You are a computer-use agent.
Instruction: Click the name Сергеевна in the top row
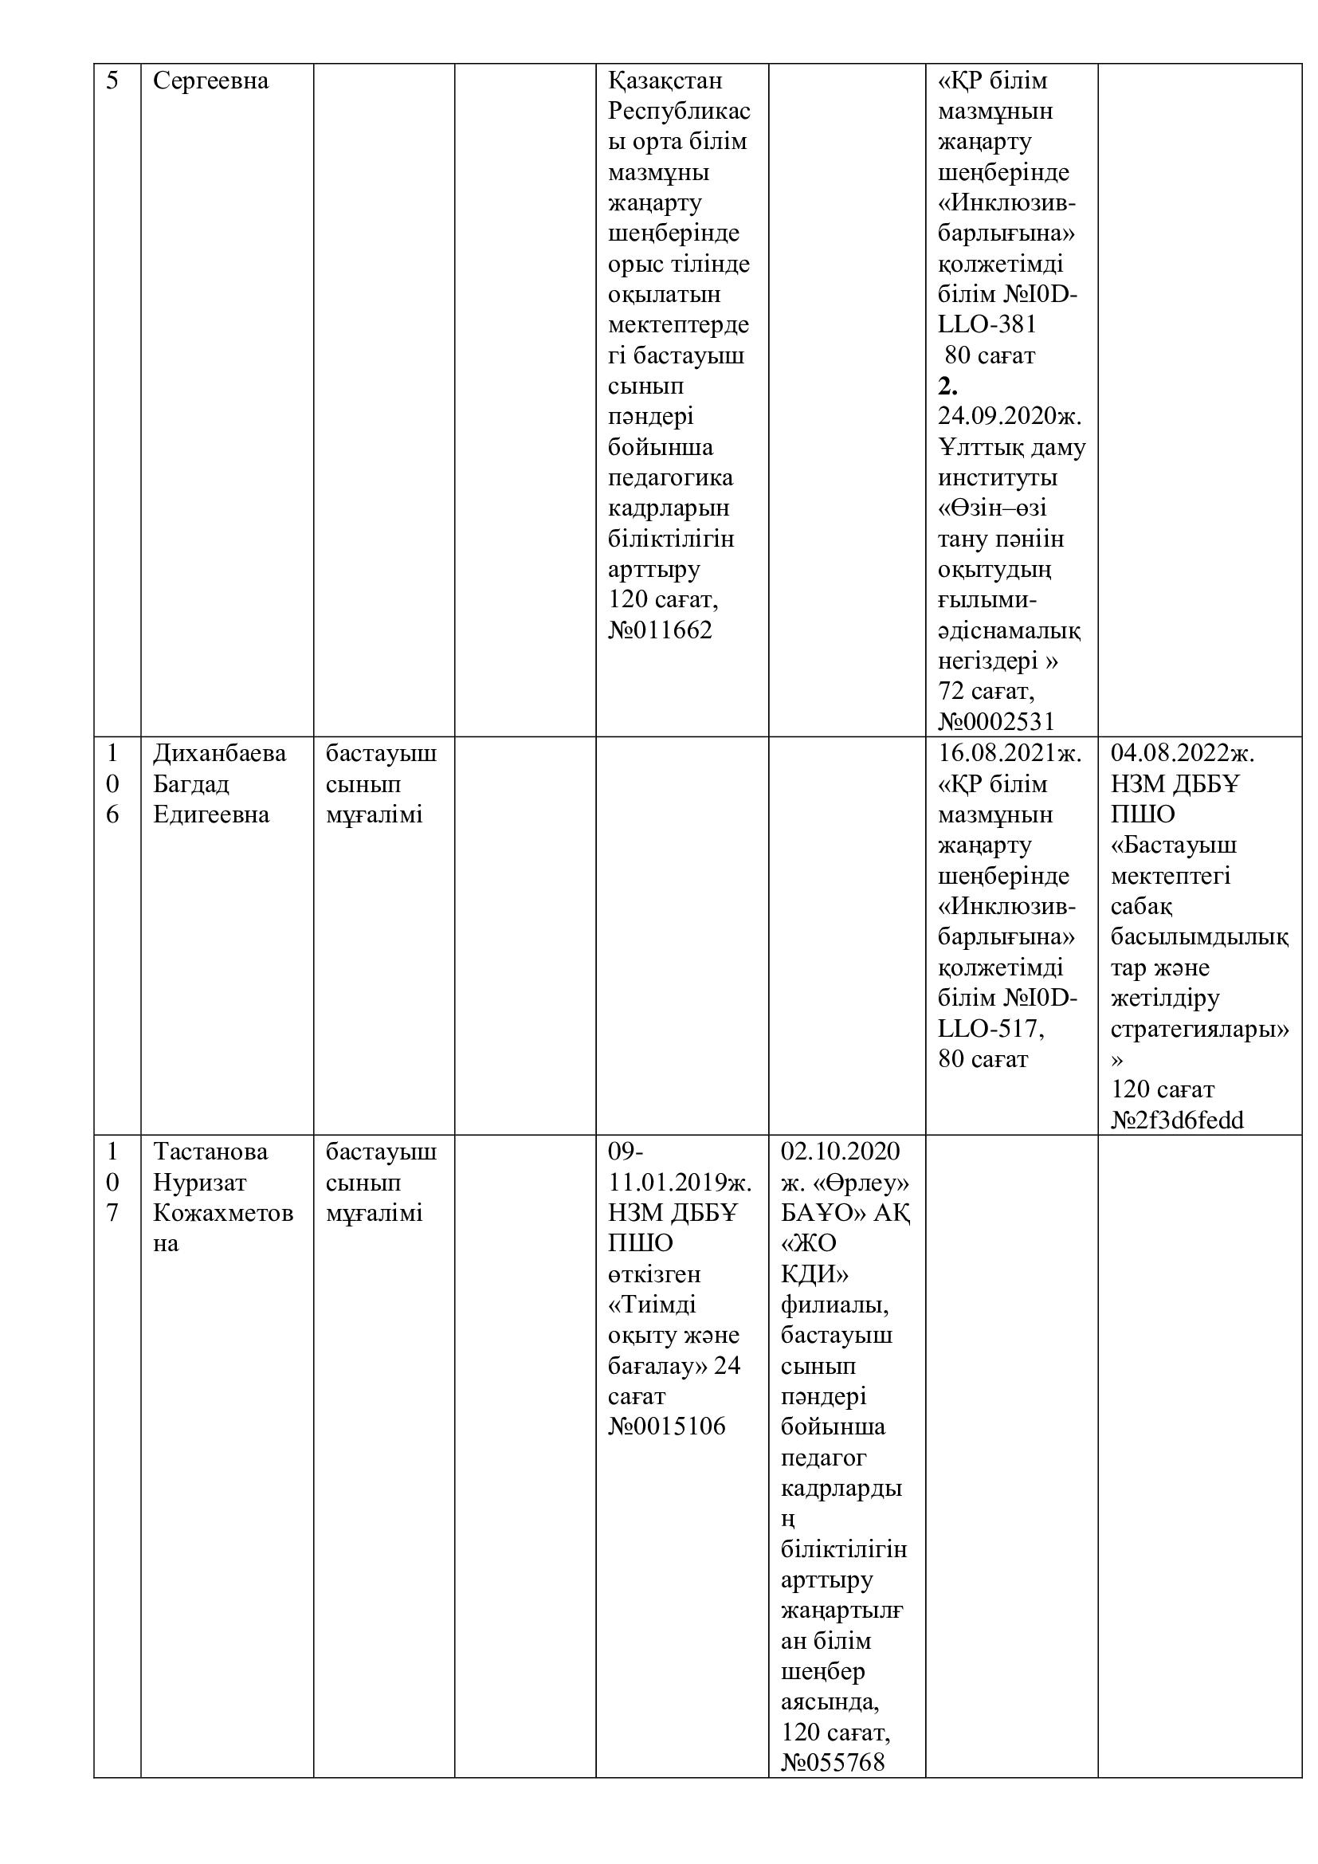click(x=210, y=81)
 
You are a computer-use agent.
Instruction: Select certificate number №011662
click(x=660, y=630)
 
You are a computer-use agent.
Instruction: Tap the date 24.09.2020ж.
click(x=1010, y=416)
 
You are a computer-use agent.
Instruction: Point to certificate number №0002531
click(x=996, y=721)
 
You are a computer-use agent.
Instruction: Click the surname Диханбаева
click(x=219, y=753)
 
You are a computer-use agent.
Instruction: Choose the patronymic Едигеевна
click(x=211, y=814)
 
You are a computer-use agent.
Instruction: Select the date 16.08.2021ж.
click(x=1010, y=753)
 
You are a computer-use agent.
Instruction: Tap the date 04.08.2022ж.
click(x=1183, y=753)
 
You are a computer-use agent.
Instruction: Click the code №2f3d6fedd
click(x=1177, y=1120)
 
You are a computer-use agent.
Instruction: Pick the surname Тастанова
click(x=210, y=1152)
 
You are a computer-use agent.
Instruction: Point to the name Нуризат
click(x=200, y=1182)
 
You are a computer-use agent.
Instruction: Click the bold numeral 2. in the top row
click(x=948, y=387)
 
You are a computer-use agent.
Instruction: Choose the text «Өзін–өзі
click(x=992, y=508)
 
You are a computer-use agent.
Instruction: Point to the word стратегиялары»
click(x=1199, y=1030)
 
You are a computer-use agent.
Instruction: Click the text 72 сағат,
click(x=986, y=691)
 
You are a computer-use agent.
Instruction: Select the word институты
click(x=998, y=477)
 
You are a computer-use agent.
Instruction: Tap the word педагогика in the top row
click(x=670, y=477)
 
